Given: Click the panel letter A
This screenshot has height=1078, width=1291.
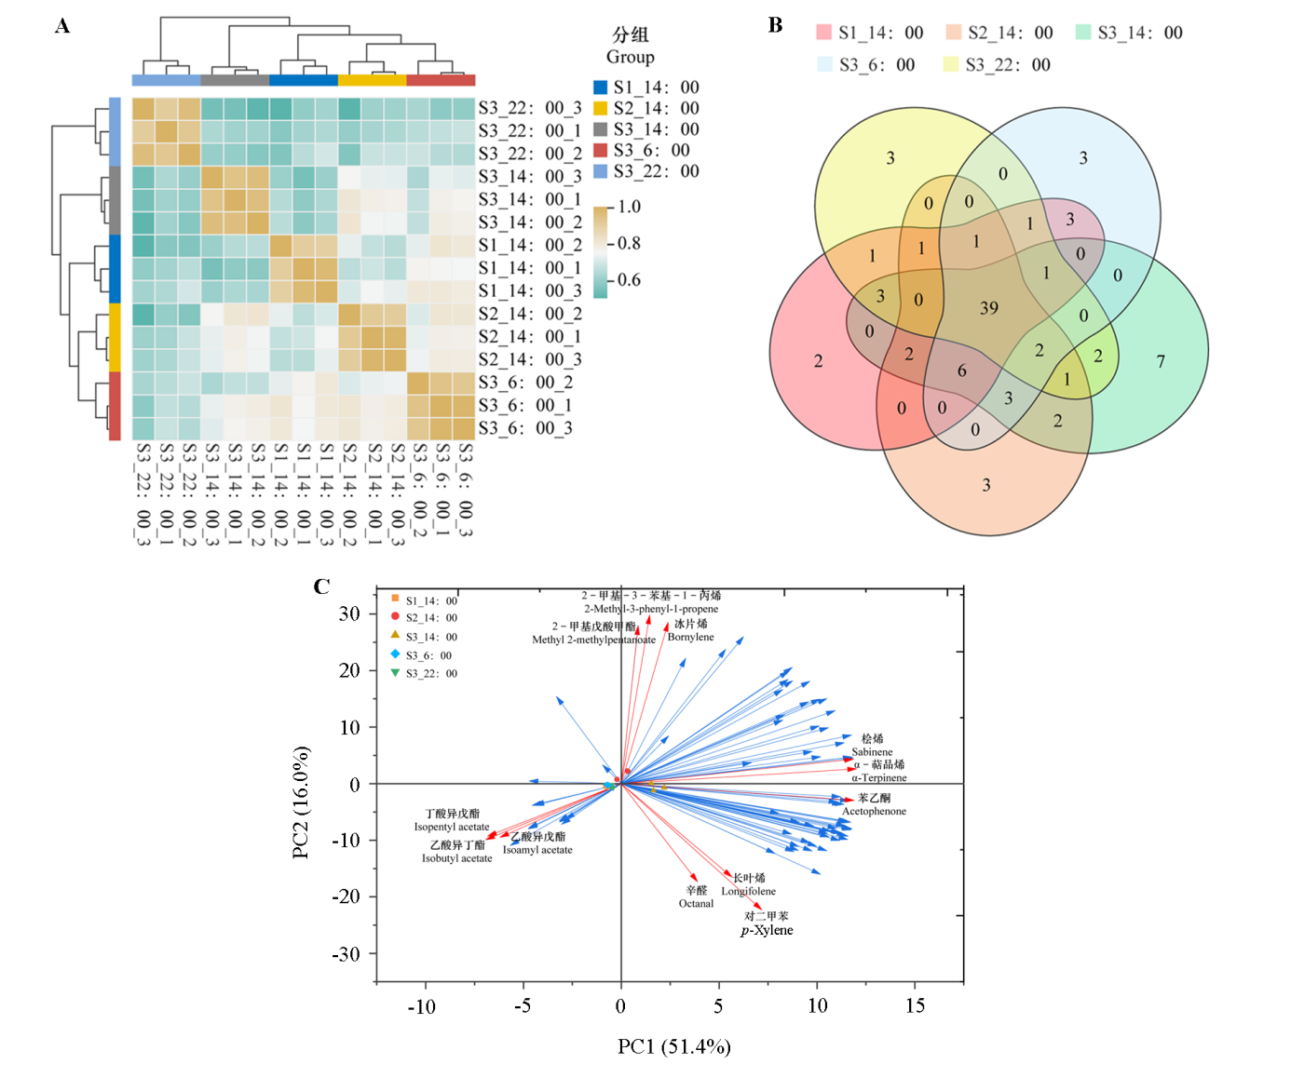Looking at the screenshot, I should [x=62, y=26].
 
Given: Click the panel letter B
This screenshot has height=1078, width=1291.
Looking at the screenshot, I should [x=775, y=26].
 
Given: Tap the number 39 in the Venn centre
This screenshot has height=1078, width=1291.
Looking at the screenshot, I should [x=989, y=308].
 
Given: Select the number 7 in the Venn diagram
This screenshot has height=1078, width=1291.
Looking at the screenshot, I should [x=1161, y=361].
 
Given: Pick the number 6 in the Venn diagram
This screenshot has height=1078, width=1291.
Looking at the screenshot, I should [x=962, y=371].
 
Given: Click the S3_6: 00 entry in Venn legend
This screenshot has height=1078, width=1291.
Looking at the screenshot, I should [x=866, y=65].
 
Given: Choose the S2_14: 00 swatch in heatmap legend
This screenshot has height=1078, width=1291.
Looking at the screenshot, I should [x=601, y=109].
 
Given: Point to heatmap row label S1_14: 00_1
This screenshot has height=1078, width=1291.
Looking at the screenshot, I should [x=529, y=268].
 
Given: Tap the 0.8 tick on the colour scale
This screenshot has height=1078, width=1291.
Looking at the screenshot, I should [x=629, y=244].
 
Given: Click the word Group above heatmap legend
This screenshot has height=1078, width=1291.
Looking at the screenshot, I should [x=631, y=57].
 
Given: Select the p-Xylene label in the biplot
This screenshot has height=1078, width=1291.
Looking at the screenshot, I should [x=767, y=930].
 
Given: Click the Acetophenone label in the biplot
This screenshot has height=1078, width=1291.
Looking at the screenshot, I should [x=874, y=811].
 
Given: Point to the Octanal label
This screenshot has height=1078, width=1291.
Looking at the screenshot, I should [x=696, y=903].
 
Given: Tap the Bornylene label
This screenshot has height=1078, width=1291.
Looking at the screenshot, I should [x=690, y=637].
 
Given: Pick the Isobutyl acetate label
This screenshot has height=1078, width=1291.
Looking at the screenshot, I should [x=456, y=858].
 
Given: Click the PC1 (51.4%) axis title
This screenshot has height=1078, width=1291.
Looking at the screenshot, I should [x=673, y=1046].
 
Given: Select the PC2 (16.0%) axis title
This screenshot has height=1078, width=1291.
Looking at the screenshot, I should [x=301, y=802].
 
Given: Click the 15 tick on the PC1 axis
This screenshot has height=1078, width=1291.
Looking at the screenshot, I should [x=915, y=1005].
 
